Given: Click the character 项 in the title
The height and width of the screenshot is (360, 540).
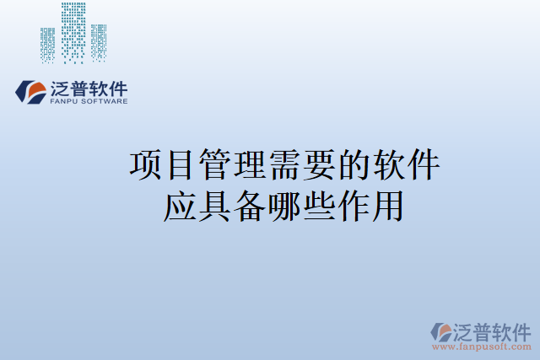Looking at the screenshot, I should click(x=145, y=165).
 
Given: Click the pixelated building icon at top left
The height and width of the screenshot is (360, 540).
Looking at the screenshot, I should click(x=74, y=34).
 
